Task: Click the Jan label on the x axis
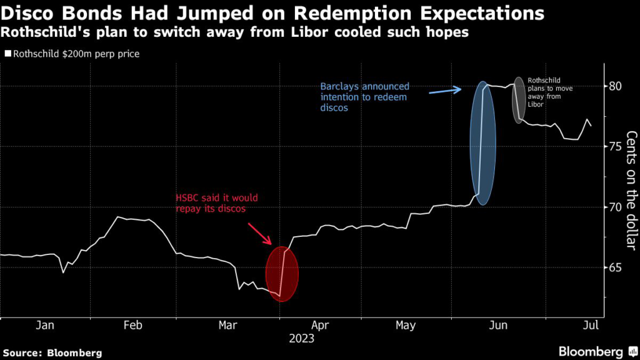click(x=46, y=325)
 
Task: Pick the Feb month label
click(x=133, y=325)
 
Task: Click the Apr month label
click(x=320, y=325)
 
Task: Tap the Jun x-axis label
click(x=499, y=325)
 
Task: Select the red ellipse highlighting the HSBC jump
click(x=282, y=274)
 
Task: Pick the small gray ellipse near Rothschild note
click(x=519, y=100)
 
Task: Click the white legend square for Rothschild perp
click(x=7, y=54)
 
